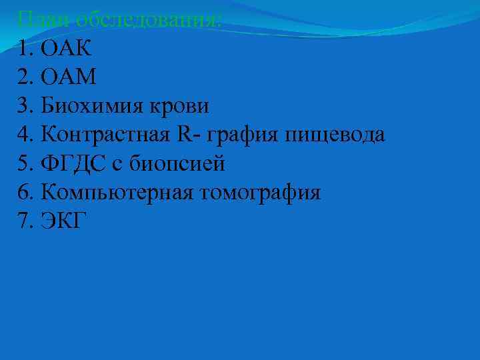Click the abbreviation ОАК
(67, 48)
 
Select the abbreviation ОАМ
(69, 77)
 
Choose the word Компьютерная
(117, 193)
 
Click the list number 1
(24, 48)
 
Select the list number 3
(24, 106)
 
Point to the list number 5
(24, 164)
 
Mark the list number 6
(24, 193)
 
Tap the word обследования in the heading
(146, 19)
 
